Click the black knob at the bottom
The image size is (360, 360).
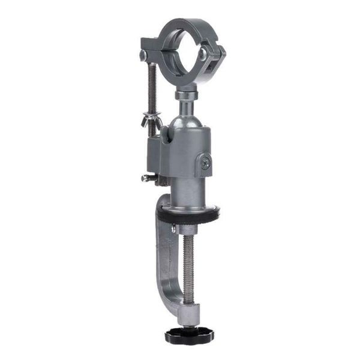click(x=190, y=335)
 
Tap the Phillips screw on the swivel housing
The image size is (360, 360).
click(x=205, y=164)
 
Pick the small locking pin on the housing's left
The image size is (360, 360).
click(x=146, y=178)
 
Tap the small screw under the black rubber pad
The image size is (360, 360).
click(x=173, y=229)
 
